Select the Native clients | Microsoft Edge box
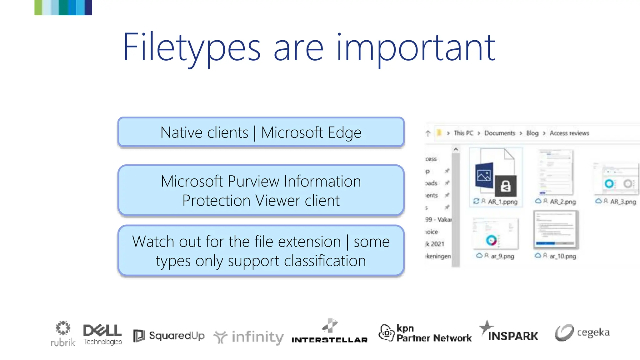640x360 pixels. coord(261,132)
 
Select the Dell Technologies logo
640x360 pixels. coord(102,334)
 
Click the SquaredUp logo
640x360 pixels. coord(169,336)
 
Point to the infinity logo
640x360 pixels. coord(249,337)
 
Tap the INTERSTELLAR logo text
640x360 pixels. coord(329,340)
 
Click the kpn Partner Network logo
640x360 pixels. coord(425,333)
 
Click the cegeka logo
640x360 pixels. coord(582,332)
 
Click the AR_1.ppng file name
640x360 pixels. coord(502,202)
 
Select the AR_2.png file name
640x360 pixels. coord(563,202)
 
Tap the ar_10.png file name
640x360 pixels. coord(563,256)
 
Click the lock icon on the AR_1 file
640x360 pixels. coord(506,186)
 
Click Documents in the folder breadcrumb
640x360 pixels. coord(500,133)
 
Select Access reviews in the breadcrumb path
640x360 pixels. coord(569,133)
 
